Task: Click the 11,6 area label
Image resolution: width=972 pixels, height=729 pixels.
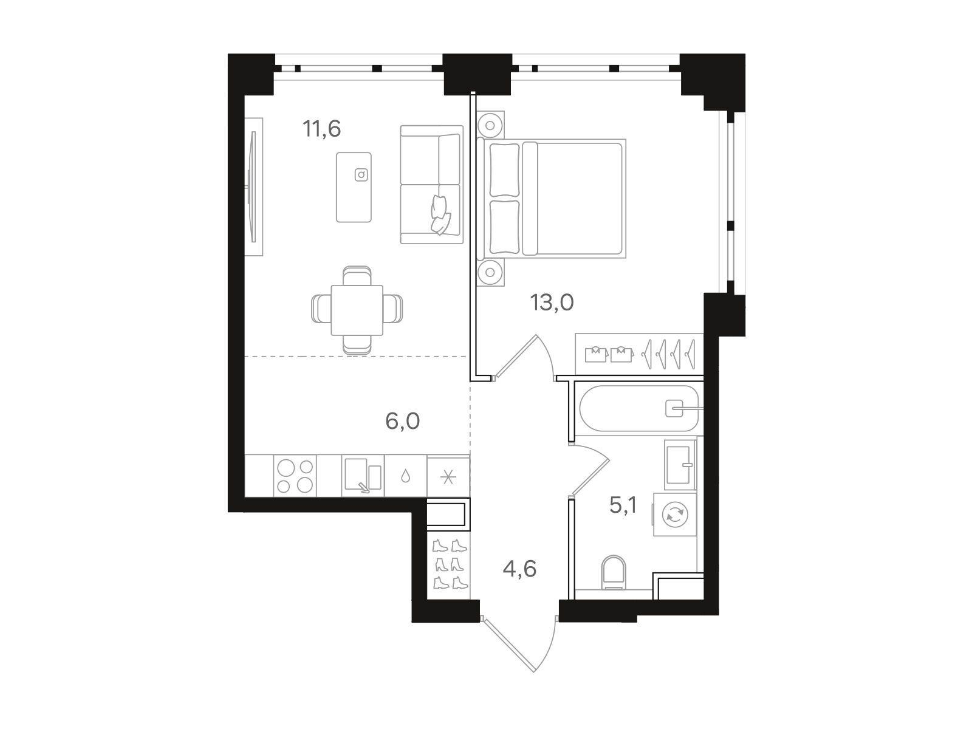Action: [322, 129]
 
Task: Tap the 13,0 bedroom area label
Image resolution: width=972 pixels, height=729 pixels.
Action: [552, 303]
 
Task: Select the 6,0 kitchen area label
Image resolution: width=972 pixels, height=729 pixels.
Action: [403, 421]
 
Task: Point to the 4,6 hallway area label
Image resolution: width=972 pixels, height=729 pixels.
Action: [519, 569]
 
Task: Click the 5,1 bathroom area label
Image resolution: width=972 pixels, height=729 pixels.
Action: [623, 505]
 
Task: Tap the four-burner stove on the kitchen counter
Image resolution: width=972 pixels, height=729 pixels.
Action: [295, 476]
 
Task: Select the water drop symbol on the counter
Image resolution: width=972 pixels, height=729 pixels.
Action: [405, 476]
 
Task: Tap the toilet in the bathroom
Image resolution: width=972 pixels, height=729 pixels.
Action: [614, 572]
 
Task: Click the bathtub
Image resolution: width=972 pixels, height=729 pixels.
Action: [638, 408]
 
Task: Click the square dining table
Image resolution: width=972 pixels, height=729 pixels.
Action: [357, 310]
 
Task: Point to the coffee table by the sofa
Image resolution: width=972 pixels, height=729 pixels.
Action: [354, 187]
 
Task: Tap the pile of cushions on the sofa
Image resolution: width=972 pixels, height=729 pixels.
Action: [440, 214]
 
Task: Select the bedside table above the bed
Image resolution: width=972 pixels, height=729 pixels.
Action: [490, 125]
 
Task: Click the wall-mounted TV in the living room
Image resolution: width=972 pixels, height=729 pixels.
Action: [254, 187]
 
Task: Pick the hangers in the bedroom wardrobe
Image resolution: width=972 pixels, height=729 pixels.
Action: [669, 354]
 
